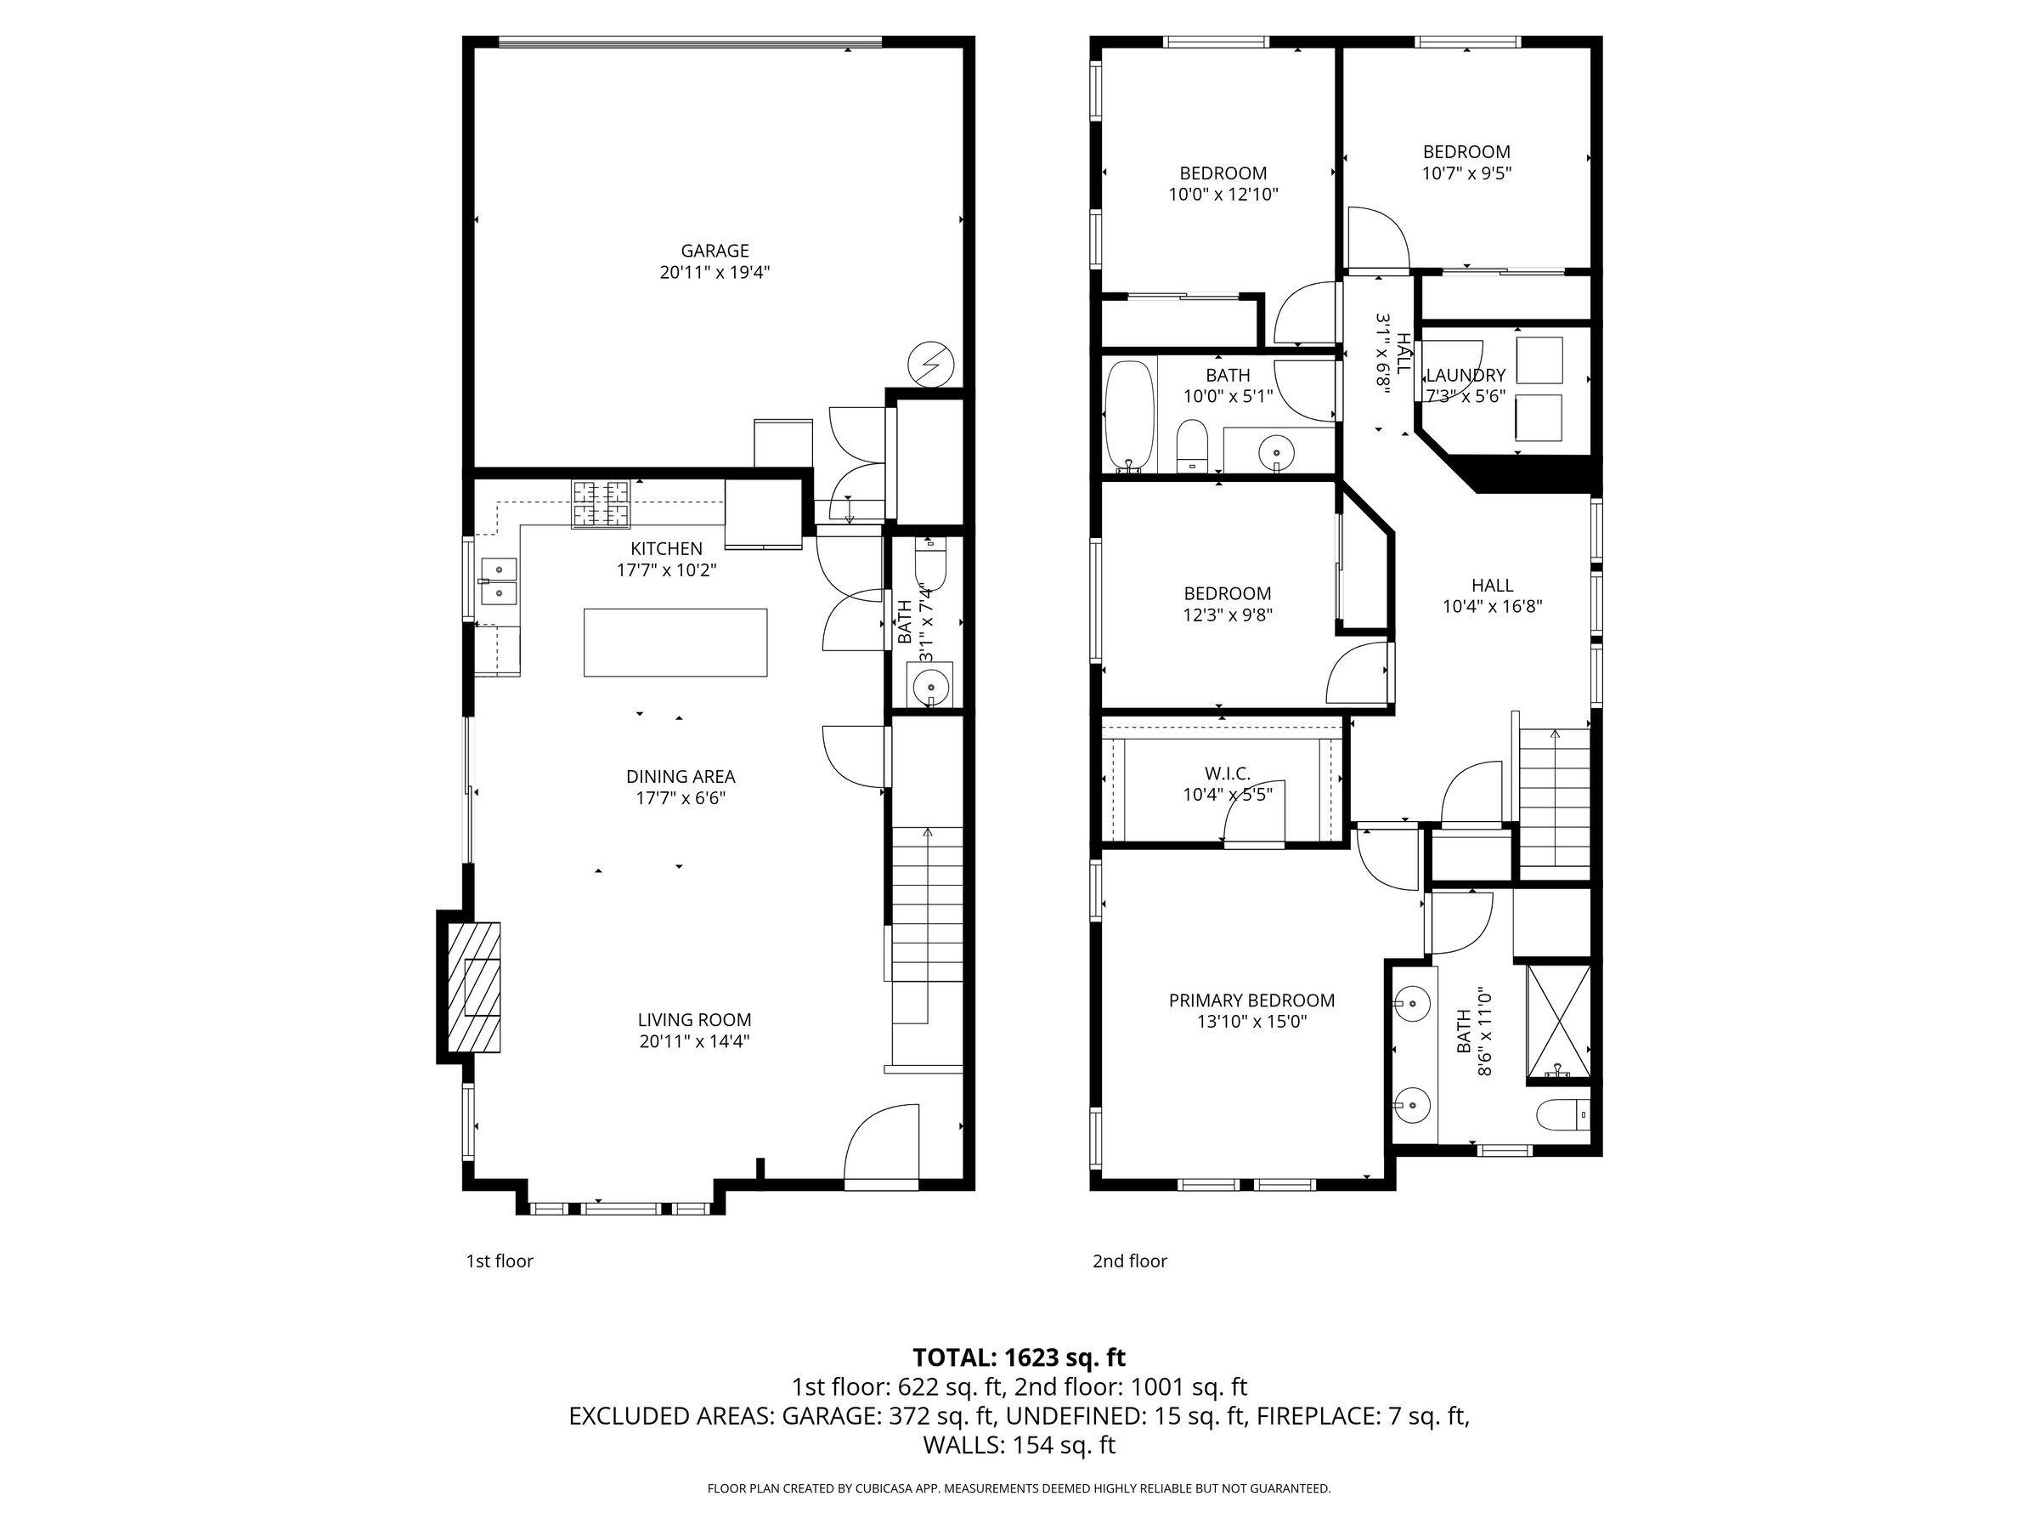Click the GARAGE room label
(714, 250)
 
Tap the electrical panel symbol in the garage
(930, 365)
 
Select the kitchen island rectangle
(675, 642)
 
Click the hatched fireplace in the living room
(475, 988)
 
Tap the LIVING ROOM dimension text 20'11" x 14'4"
(694, 1042)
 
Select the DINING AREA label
(681, 777)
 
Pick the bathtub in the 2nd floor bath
(1129, 416)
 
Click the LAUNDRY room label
(1466, 376)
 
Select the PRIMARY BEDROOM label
(1251, 1000)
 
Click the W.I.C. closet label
(1228, 773)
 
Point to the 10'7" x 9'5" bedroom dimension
(1466, 173)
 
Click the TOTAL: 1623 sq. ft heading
(1019, 1357)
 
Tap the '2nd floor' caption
(1130, 1261)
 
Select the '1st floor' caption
(500, 1261)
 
